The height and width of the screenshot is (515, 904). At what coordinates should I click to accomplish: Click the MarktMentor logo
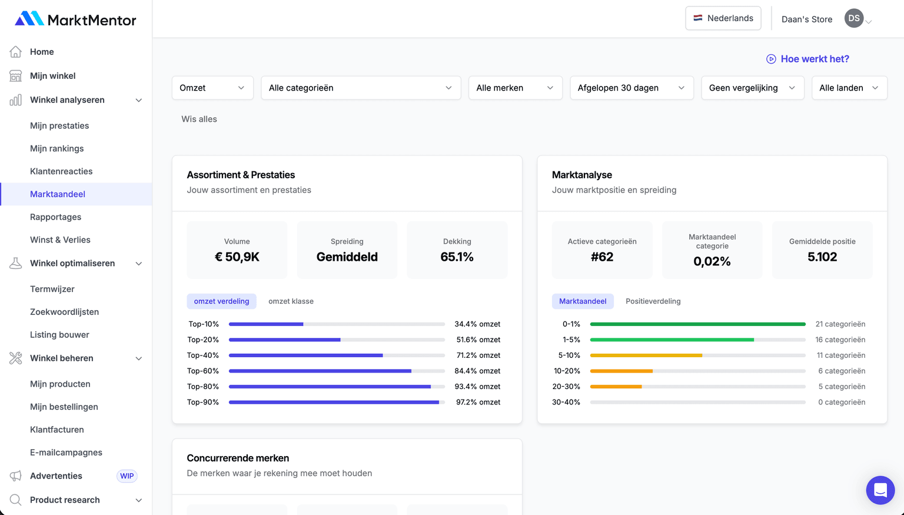[x=75, y=19]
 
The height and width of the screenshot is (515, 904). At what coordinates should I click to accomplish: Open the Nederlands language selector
[x=723, y=18]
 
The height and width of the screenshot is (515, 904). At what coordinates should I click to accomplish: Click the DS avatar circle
[x=853, y=18]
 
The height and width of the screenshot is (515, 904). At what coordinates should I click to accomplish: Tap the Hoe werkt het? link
[x=807, y=59]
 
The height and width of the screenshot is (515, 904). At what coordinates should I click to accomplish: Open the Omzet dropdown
[x=212, y=88]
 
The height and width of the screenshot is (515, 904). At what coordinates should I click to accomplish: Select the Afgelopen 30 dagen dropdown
[x=631, y=88]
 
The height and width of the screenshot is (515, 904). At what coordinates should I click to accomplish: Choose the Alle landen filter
[x=849, y=88]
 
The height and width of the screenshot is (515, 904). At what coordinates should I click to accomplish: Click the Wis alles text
[x=199, y=119]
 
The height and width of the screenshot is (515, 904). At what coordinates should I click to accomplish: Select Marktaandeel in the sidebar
[x=58, y=194]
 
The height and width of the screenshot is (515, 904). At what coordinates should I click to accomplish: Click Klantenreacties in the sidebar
[x=61, y=171]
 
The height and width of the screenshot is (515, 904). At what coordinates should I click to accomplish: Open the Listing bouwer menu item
[x=59, y=335]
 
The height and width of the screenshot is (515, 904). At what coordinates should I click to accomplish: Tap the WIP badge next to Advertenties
[x=127, y=476]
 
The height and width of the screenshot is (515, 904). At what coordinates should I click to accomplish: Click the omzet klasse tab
[x=291, y=301]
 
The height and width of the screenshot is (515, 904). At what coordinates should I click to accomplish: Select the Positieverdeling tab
[x=653, y=301]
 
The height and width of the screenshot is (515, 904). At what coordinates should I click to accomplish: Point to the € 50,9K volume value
[x=237, y=257]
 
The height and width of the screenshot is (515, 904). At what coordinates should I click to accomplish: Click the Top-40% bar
[x=306, y=355]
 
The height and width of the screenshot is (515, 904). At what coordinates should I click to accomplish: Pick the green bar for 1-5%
[x=672, y=340]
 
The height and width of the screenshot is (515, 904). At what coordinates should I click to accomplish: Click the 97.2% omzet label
[x=478, y=403]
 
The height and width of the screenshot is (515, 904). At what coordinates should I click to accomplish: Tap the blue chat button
[x=880, y=490]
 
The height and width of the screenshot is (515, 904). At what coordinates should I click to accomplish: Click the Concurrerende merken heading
[x=238, y=458]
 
